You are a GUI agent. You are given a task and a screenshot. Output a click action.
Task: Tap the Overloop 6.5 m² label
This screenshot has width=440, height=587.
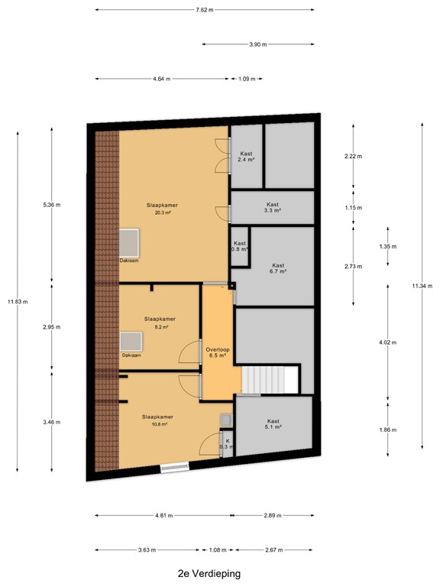(x=217, y=352)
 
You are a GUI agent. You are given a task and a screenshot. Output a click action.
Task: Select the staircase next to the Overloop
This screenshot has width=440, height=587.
(x=270, y=379)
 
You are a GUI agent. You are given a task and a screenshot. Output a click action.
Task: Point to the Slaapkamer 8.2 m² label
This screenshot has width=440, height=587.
(x=160, y=323)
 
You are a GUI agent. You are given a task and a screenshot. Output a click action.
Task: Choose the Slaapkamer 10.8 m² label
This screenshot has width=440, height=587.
(x=157, y=420)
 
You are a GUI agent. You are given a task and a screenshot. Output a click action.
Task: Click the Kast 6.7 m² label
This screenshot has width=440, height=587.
(x=277, y=268)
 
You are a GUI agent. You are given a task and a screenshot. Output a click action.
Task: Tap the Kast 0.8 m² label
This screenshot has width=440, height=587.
(x=240, y=246)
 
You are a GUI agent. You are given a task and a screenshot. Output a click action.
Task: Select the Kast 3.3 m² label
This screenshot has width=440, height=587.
(x=273, y=207)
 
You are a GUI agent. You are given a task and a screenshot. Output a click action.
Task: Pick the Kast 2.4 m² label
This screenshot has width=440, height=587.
(x=246, y=157)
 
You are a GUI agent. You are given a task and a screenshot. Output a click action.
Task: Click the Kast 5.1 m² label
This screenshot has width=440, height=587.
(x=273, y=424)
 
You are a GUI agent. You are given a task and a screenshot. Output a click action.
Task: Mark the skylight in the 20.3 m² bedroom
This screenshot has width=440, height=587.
(x=128, y=244)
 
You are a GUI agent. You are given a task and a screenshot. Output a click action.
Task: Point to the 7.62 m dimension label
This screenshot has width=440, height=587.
(x=205, y=10)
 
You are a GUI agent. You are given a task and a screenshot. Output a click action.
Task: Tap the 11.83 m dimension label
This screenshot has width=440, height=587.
(x=18, y=301)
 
